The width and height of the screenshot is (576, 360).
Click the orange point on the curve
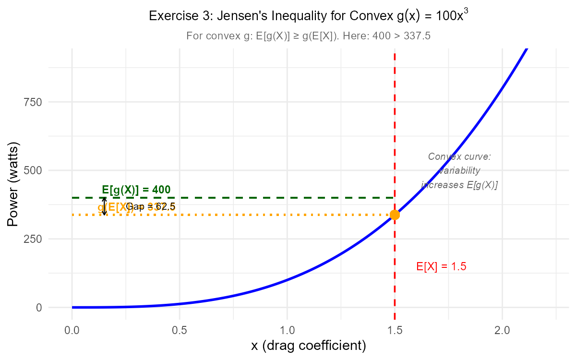(395, 215)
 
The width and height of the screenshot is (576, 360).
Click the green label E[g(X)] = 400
(136, 190)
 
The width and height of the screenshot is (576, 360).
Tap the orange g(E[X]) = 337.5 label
(136, 207)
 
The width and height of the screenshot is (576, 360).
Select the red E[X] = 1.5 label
(441, 267)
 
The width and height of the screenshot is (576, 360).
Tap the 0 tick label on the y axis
(38, 308)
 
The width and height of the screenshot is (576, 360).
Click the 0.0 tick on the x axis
(72, 331)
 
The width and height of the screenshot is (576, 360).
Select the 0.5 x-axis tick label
(180, 331)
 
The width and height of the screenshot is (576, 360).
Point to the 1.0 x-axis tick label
(287, 331)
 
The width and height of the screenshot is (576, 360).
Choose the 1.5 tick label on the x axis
(395, 331)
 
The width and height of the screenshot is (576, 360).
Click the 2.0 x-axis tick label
(502, 331)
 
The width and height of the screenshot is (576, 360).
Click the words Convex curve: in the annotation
(459, 157)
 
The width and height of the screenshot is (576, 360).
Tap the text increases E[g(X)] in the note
(459, 185)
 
